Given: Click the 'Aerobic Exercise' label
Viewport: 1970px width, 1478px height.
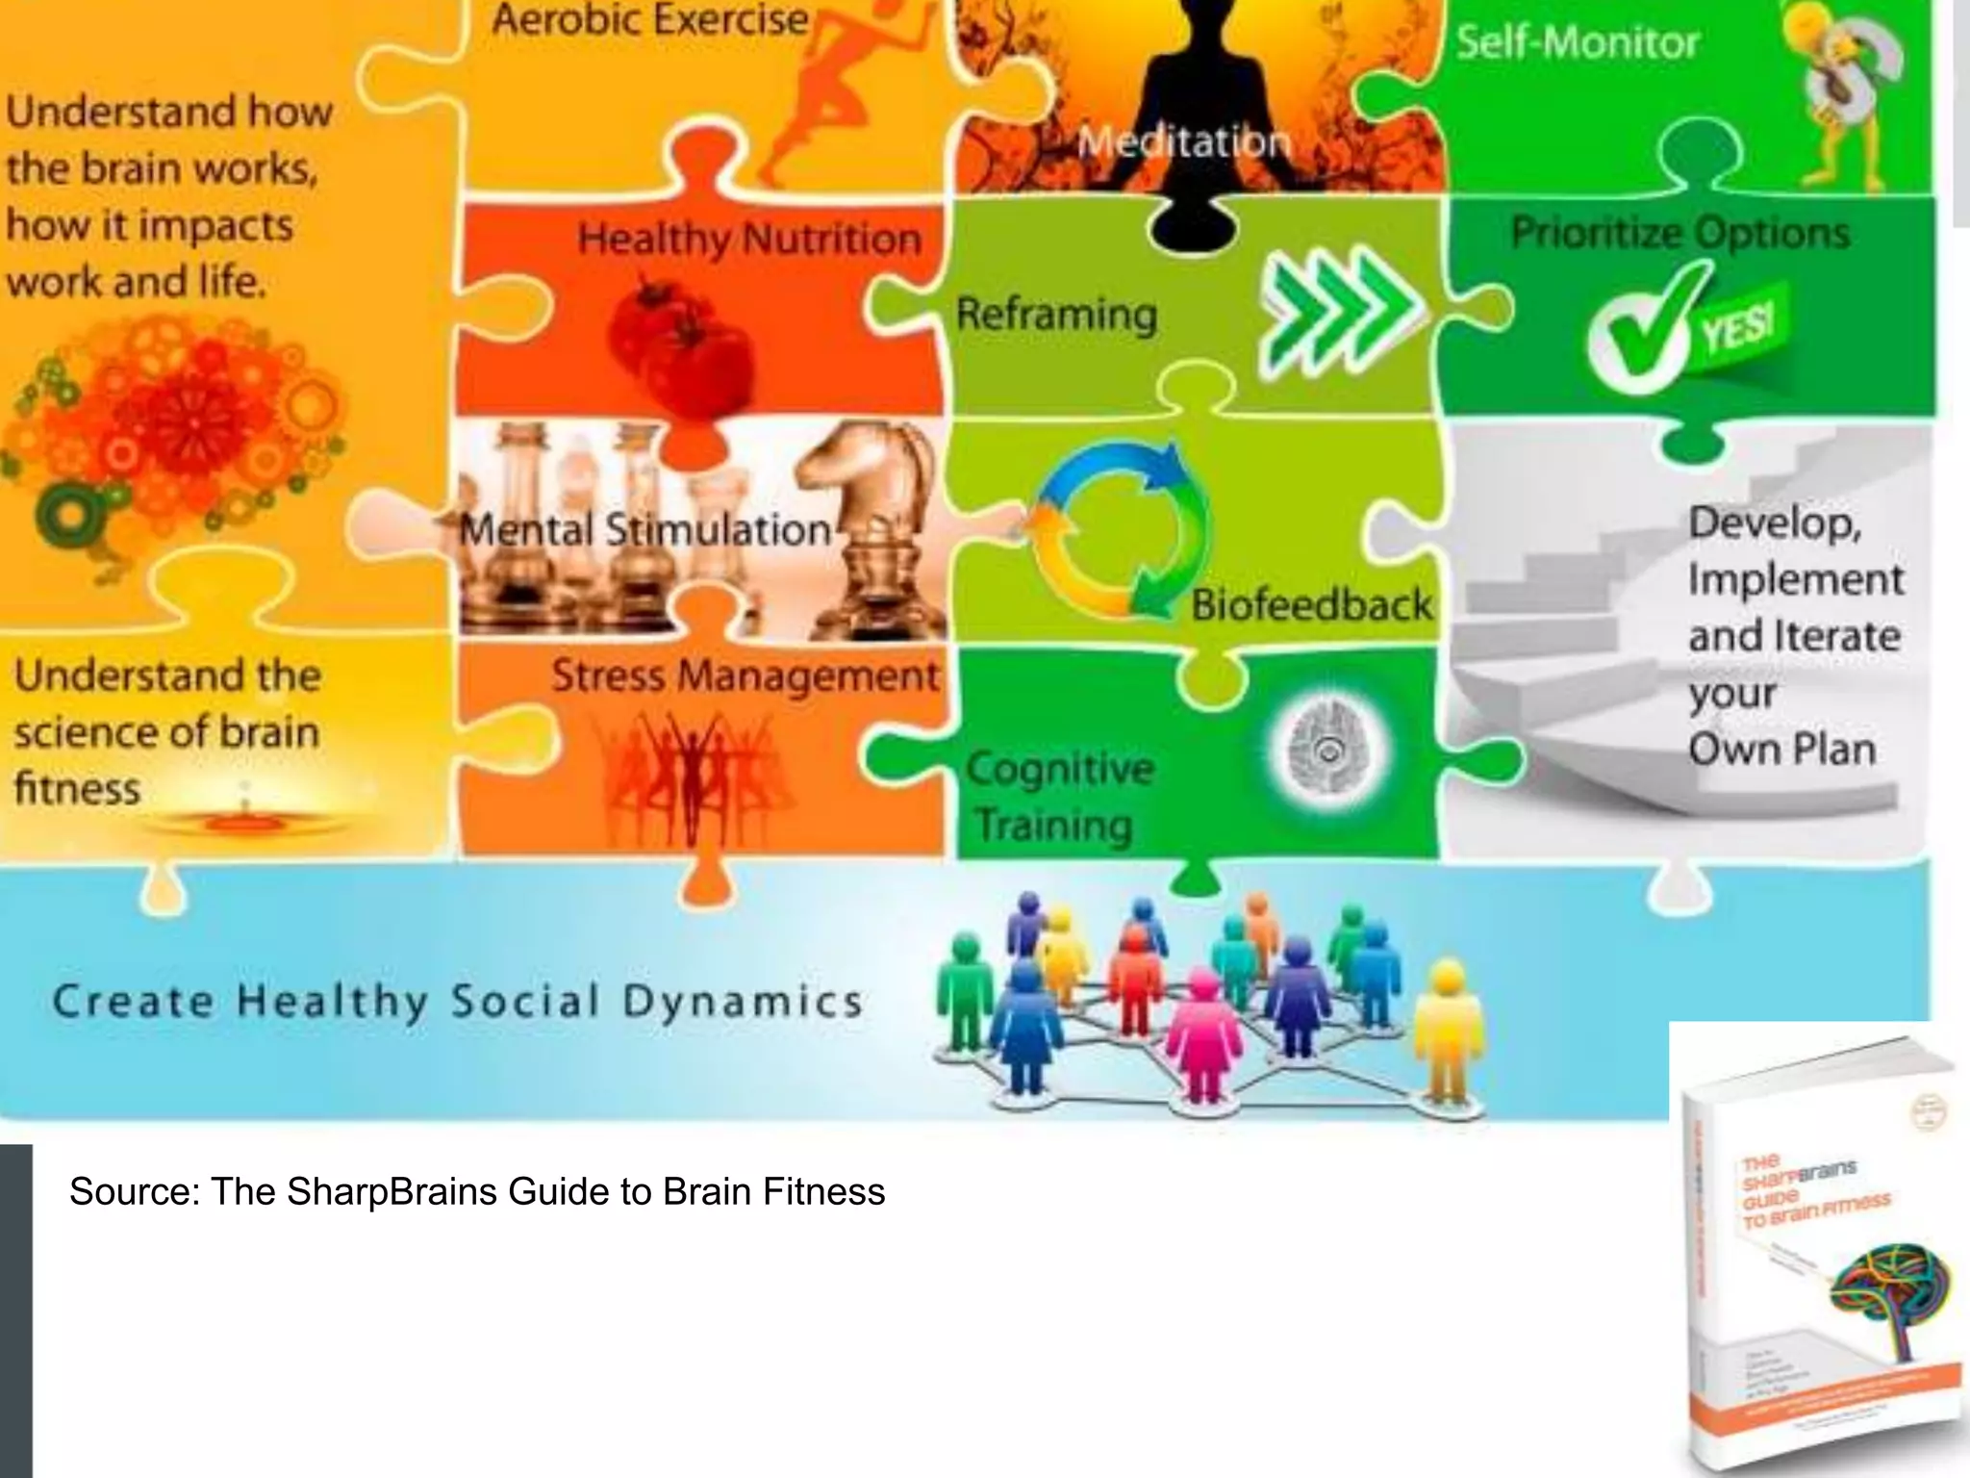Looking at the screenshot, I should point(650,19).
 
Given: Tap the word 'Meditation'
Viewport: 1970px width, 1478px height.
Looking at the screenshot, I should point(1184,142).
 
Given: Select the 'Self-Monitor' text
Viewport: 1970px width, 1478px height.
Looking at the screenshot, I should point(1578,42).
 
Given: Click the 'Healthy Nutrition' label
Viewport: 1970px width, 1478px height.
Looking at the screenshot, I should point(749,238).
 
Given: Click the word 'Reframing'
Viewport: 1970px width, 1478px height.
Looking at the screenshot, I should point(1056,315).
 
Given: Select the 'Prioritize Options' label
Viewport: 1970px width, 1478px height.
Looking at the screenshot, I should point(1680,233).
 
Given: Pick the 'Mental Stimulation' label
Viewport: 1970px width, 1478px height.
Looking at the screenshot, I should point(644,530).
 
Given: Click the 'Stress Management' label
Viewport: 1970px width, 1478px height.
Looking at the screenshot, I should point(745,675).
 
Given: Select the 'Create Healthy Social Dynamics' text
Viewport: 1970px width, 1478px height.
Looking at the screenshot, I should point(458,1002).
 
